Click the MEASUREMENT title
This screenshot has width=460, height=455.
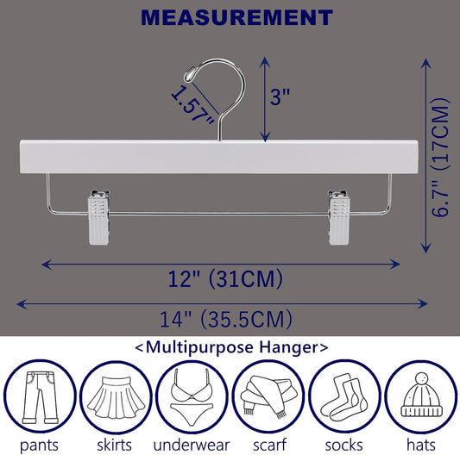236,18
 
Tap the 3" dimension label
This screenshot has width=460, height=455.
280,97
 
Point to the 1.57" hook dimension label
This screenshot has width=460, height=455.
192,104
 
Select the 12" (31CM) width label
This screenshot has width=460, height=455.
225,279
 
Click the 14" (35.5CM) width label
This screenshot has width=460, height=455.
225,319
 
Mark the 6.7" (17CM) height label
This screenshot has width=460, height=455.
441,157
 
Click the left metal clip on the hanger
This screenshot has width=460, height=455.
99,217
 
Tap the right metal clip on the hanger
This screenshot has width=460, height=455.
339,217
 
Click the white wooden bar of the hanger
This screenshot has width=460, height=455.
218,157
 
